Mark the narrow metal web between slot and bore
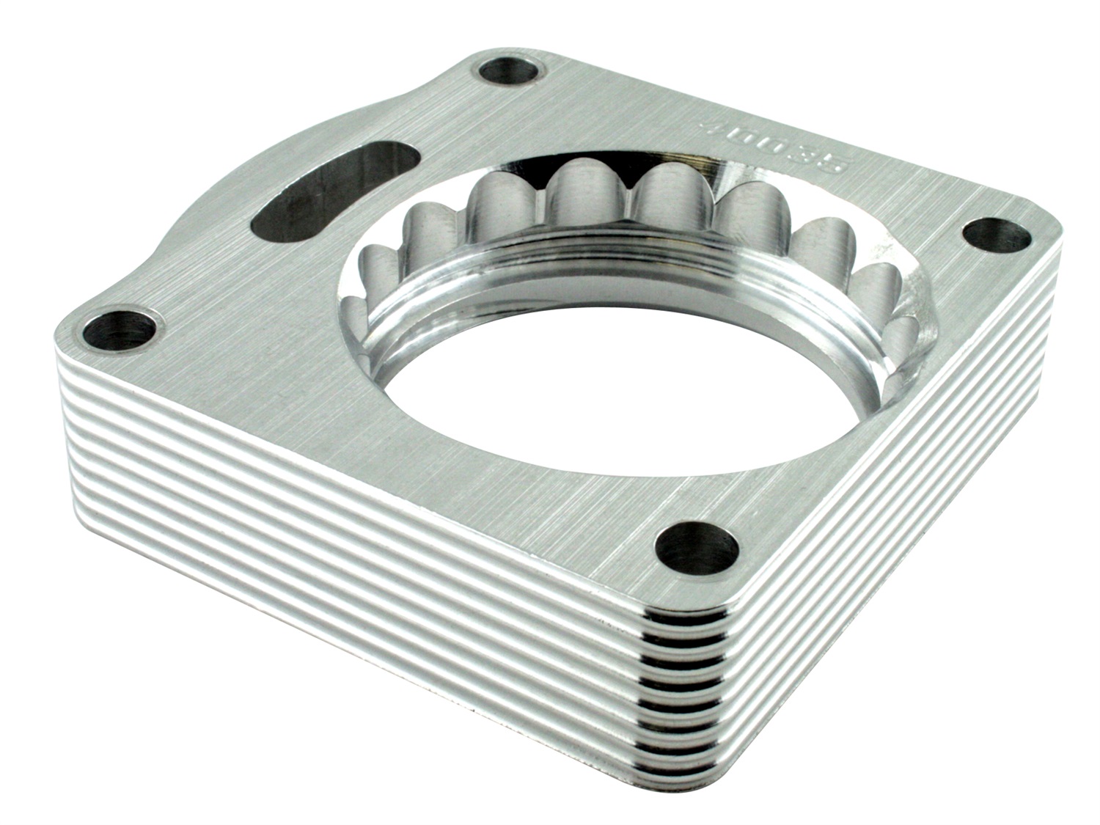[x=381, y=235]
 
